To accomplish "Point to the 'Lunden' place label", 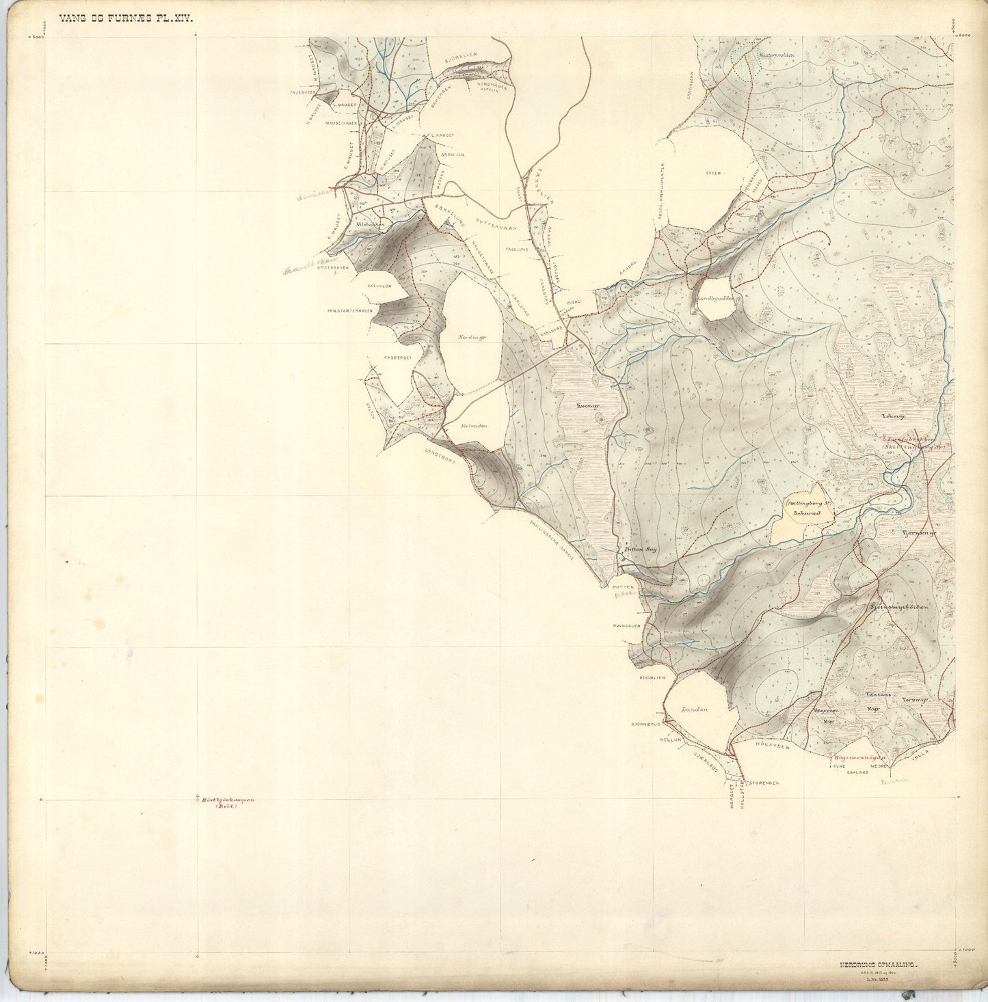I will pyautogui.click(x=695, y=709).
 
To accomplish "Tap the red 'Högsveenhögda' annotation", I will pyautogui.click(x=859, y=758).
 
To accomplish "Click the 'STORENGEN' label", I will pyautogui.click(x=763, y=783).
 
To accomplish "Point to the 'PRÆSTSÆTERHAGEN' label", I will pyautogui.click(x=349, y=311).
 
